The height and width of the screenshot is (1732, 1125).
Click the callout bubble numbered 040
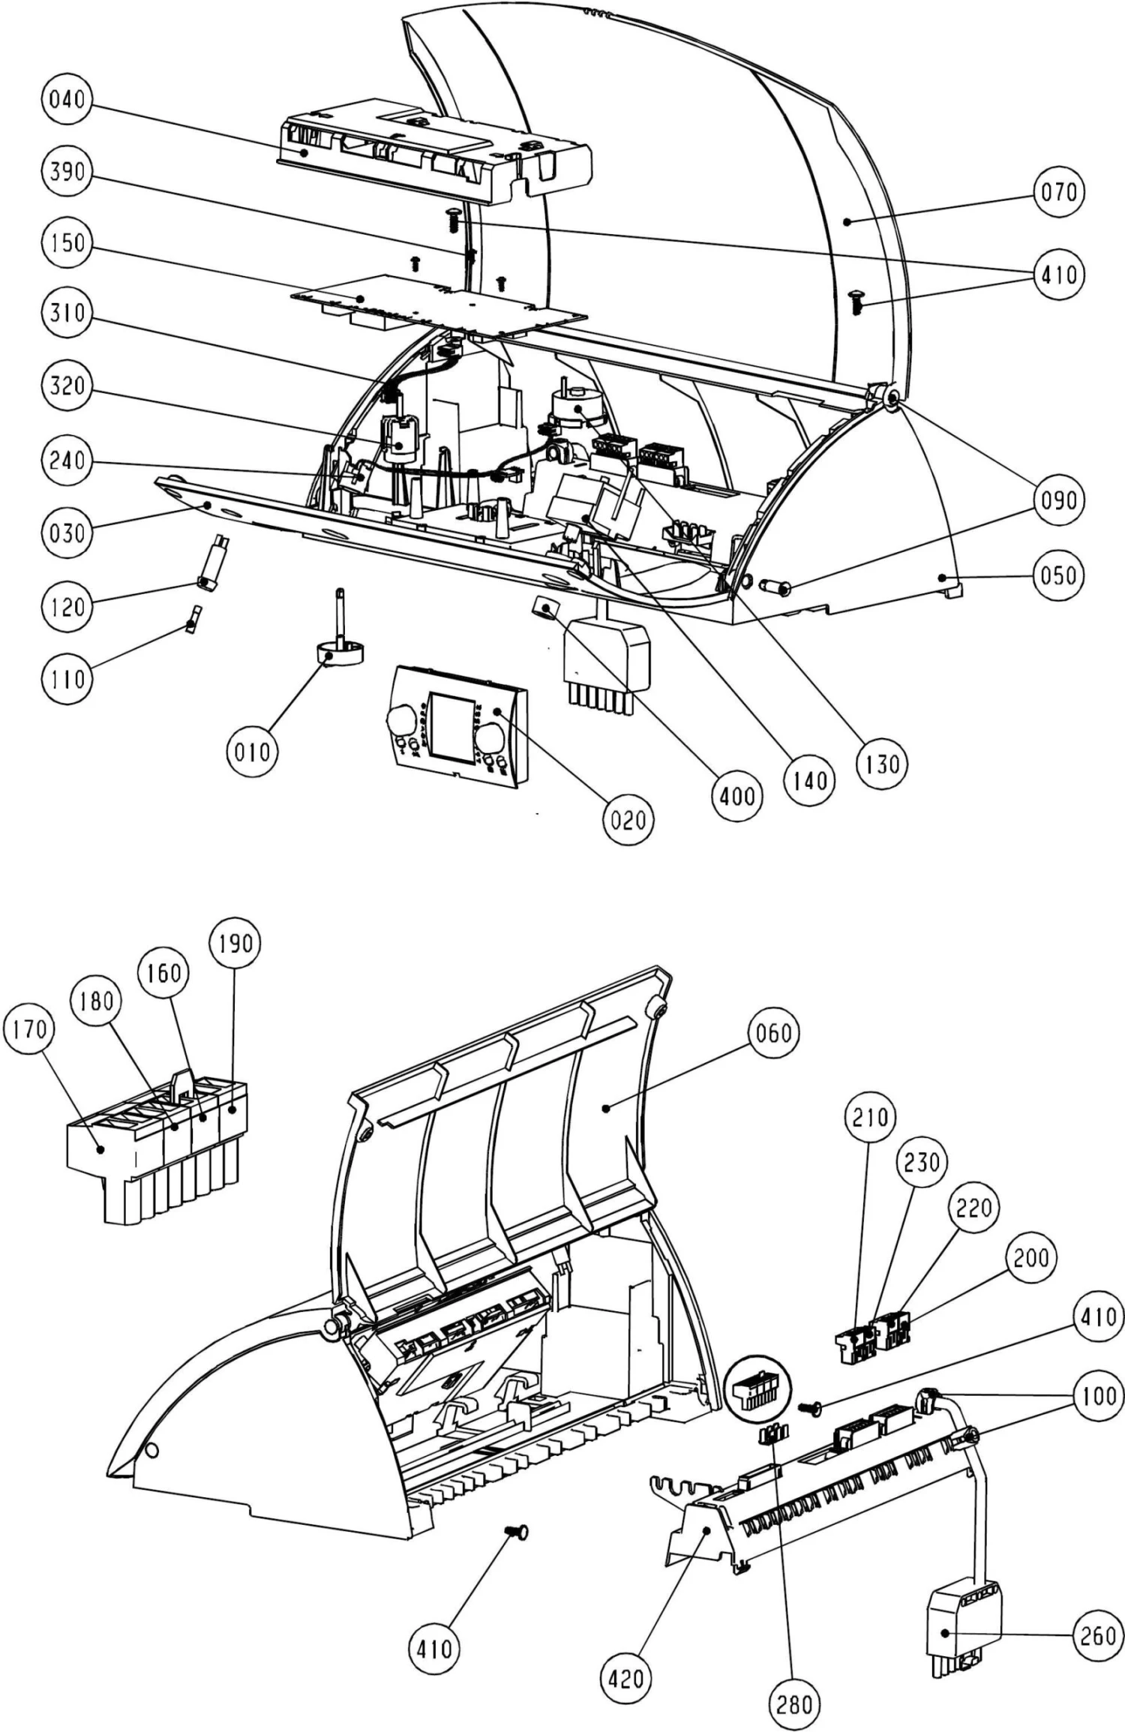pyautogui.click(x=67, y=98)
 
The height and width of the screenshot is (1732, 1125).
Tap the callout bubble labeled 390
pyautogui.click(x=67, y=171)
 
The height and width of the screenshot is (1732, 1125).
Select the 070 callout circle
pyautogui.click(x=1058, y=192)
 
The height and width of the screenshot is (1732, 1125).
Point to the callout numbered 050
pyautogui.click(x=1058, y=575)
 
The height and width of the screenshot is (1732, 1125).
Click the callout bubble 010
pyautogui.click(x=252, y=751)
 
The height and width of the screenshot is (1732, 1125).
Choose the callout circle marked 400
pyautogui.click(x=736, y=795)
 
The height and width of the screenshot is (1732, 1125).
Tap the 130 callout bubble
pyautogui.click(x=881, y=764)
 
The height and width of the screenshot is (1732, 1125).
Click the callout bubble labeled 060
pyautogui.click(x=773, y=1033)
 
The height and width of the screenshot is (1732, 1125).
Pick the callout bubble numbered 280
pyautogui.click(x=794, y=1704)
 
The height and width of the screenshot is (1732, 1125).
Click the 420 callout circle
pyautogui.click(x=625, y=1677)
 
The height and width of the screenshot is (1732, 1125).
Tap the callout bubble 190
pyautogui.click(x=235, y=943)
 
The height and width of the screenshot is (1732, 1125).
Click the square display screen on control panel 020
pyautogui.click(x=452, y=725)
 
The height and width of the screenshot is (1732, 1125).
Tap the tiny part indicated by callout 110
pyautogui.click(x=193, y=620)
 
